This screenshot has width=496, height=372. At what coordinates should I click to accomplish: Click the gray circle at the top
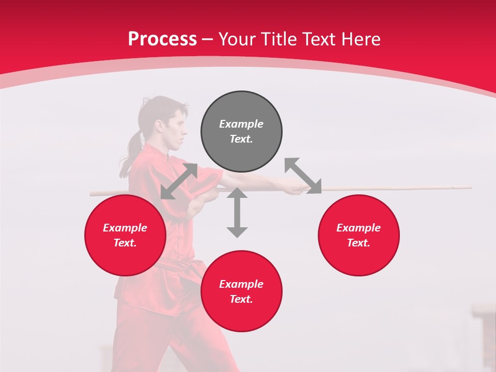pyautogui.click(x=241, y=132)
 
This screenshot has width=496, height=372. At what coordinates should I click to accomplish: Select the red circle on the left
pyautogui.click(x=125, y=236)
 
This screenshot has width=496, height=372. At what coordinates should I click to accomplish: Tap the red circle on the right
pyautogui.click(x=359, y=236)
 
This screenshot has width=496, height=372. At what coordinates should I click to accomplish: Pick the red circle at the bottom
pyautogui.click(x=241, y=291)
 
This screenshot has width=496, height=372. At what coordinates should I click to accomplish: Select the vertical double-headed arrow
pyautogui.click(x=237, y=212)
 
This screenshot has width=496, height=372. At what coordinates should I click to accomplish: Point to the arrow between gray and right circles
pyautogui.click(x=303, y=176)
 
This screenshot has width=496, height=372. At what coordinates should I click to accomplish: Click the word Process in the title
pyautogui.click(x=162, y=39)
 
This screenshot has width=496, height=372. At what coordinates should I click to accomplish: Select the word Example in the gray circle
pyautogui.click(x=241, y=124)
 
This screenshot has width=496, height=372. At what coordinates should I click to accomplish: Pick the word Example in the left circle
pyautogui.click(x=125, y=228)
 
